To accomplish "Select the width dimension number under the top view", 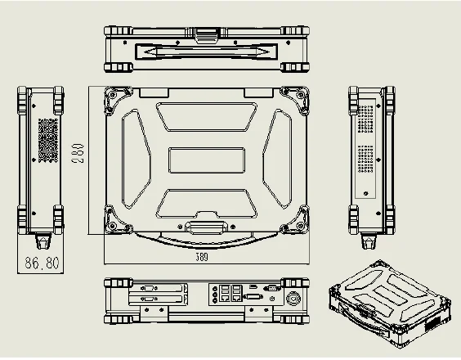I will (202, 258).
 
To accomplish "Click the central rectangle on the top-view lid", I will (206, 159).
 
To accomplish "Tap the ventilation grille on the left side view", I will (48, 140).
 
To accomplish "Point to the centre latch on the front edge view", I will (205, 34).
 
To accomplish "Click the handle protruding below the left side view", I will (42, 242).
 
